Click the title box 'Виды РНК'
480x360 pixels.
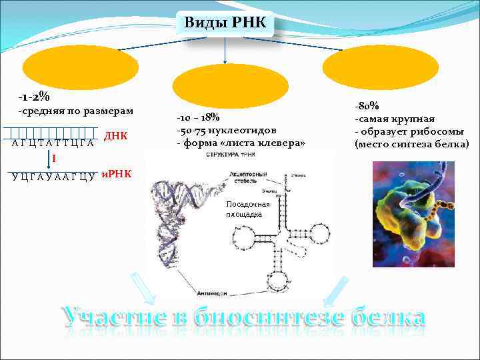pos(225,24)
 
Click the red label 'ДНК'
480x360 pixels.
pos(116,137)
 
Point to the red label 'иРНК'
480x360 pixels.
pos(115,175)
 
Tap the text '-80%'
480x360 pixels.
pos(367,106)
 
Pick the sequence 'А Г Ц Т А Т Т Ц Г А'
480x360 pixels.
pos(52,143)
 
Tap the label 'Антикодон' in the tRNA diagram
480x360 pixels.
pos(213,293)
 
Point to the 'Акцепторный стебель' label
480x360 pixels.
pos(248,176)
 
